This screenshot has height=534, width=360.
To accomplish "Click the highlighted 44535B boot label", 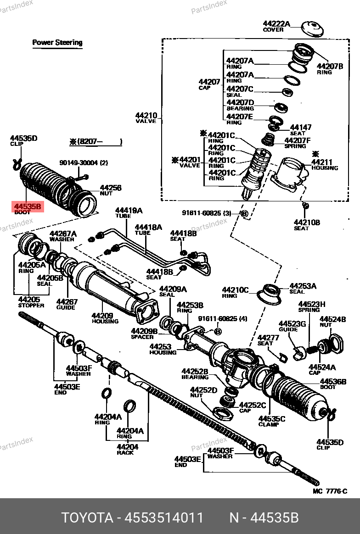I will [28, 207].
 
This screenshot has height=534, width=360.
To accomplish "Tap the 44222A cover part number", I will [276, 24].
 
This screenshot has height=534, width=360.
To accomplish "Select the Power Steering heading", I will [57, 43].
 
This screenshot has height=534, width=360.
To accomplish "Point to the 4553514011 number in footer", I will [161, 518].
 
